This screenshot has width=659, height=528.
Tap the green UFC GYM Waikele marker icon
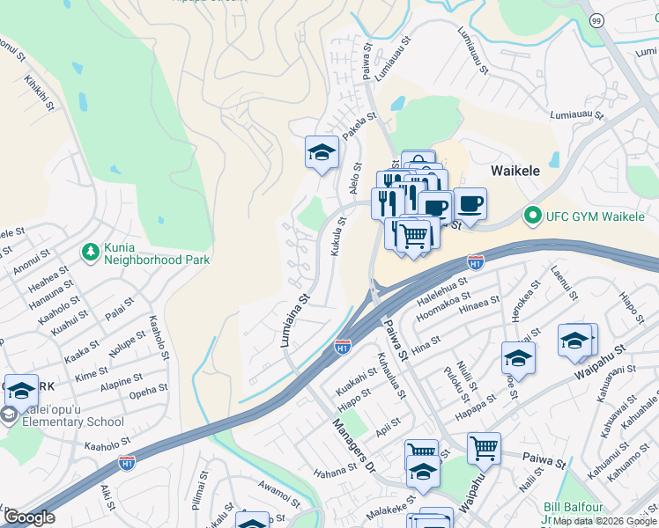point(531,214)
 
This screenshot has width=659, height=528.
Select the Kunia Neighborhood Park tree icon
point(90,253)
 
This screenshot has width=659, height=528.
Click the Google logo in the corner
point(29,517)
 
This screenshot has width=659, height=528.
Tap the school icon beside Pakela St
point(322,152)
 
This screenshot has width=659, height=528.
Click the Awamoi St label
point(280,494)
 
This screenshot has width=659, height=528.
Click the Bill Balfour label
point(574,508)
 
